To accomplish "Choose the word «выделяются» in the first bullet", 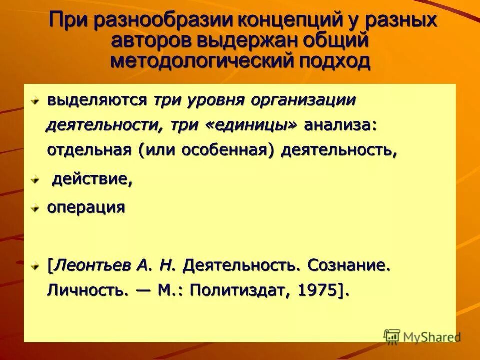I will pos(97,100).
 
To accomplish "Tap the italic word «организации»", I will pos(303,100).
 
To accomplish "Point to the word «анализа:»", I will pos(341,125).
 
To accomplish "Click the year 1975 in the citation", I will pos(317,290).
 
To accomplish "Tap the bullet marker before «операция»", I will pos(35,208).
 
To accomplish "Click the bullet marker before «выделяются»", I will pos(35,101).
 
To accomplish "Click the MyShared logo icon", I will pos(392,336).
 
